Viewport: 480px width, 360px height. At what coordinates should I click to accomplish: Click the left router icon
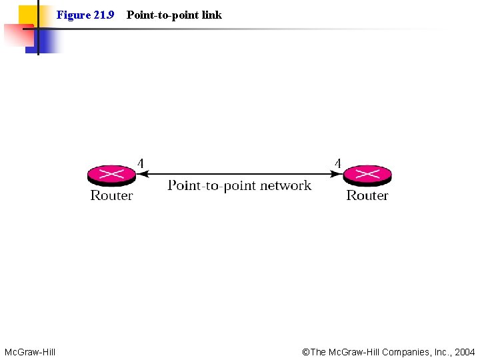111,175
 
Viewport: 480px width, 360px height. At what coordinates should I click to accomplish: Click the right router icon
367,175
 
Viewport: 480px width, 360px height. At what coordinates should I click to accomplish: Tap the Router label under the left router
111,195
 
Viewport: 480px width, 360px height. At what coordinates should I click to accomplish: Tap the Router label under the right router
367,195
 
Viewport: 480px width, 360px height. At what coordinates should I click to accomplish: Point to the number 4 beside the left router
140,163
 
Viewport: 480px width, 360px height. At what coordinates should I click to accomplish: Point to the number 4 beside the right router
338,163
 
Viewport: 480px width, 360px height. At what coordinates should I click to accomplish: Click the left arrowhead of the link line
141,175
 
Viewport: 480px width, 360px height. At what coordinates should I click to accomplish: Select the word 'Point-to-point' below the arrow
211,185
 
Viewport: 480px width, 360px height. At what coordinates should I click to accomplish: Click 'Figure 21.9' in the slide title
85,15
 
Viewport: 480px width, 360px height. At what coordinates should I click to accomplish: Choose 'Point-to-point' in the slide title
161,15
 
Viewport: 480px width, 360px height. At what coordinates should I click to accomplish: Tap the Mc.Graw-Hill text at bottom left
30,351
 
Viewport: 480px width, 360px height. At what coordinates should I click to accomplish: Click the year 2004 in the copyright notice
465,351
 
